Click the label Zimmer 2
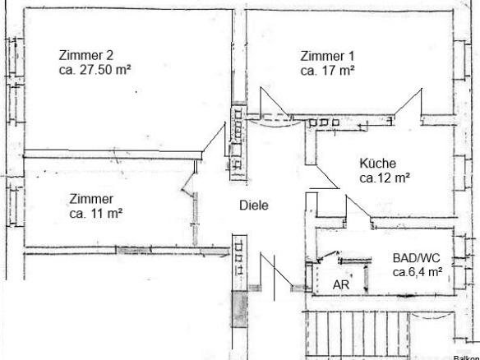86,55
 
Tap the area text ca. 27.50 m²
95,70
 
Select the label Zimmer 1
327,57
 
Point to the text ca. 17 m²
328,71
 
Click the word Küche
377,164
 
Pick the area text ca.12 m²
385,178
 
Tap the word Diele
254,205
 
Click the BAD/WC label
417,258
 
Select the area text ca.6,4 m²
418,272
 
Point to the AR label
341,284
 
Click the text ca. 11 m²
96,214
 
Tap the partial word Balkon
465,358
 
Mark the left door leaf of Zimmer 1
275,103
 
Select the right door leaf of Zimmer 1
408,102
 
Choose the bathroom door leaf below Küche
358,207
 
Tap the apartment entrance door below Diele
276,270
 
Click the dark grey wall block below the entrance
239,309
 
